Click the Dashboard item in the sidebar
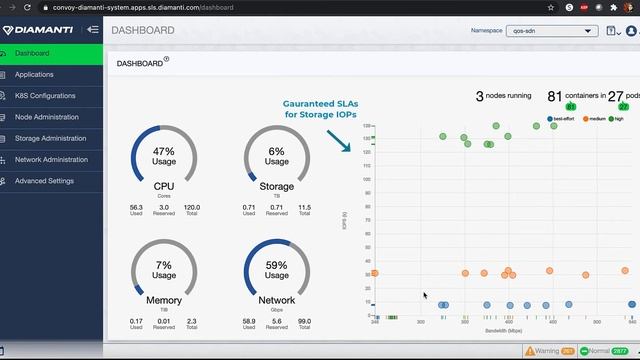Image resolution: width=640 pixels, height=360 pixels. [32, 53]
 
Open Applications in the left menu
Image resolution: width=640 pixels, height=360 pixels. [34, 74]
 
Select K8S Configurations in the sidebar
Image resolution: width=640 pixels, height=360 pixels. [45, 96]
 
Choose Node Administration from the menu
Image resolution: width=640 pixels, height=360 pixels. [46, 117]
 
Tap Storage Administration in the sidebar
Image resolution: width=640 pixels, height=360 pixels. [50, 138]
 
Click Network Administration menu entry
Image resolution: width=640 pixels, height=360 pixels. [51, 159]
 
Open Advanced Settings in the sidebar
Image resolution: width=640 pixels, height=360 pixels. [44, 181]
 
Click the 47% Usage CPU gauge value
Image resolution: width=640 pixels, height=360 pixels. [163, 156]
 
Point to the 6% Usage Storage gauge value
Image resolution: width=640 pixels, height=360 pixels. [277, 156]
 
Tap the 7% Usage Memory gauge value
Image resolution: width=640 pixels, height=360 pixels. [163, 270]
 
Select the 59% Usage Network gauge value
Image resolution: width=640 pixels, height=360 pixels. [277, 270]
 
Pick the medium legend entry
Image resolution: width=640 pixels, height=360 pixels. [594, 118]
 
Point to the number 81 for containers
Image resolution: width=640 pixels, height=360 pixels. [554, 96]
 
